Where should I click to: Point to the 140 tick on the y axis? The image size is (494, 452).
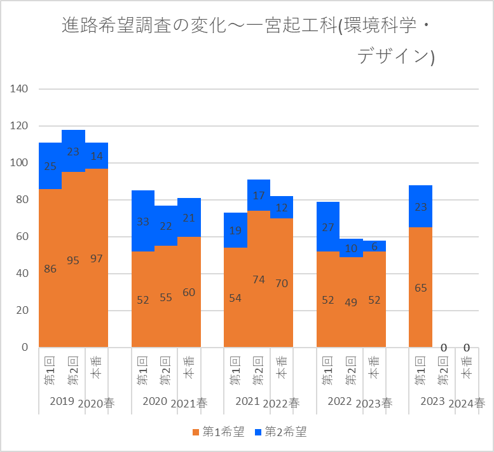pos(19,88)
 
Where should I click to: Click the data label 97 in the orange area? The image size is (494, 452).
pos(97,258)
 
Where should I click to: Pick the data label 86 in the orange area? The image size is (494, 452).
pos(50,269)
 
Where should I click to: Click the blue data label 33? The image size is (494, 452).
pos(143,222)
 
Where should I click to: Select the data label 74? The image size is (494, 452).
pos(259,279)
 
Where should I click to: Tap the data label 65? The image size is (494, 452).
pos(420,288)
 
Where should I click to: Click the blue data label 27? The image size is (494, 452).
pos(328,227)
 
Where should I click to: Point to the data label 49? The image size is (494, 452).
pos(351,302)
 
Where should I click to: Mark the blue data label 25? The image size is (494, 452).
pos(50,166)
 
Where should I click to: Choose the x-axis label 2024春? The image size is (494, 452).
pos(467,403)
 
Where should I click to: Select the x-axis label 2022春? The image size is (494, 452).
pos(282,403)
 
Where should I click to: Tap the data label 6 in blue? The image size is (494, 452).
pos(374,246)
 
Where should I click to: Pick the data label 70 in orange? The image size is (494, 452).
pos(282,283)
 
